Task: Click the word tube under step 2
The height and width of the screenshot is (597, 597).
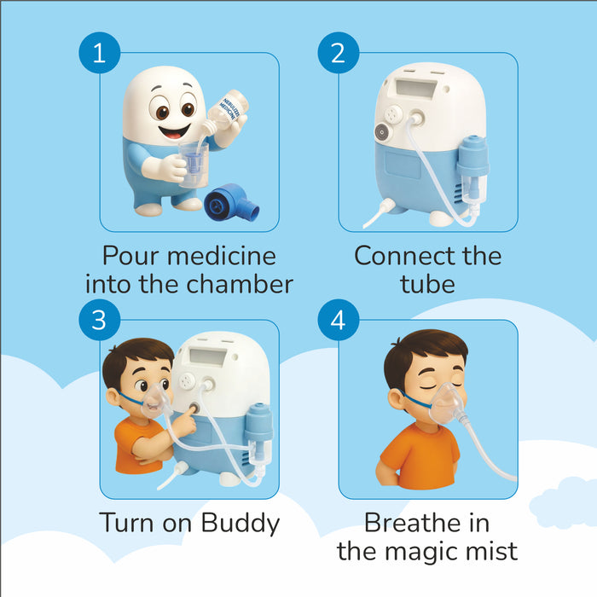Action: [x=427, y=283]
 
